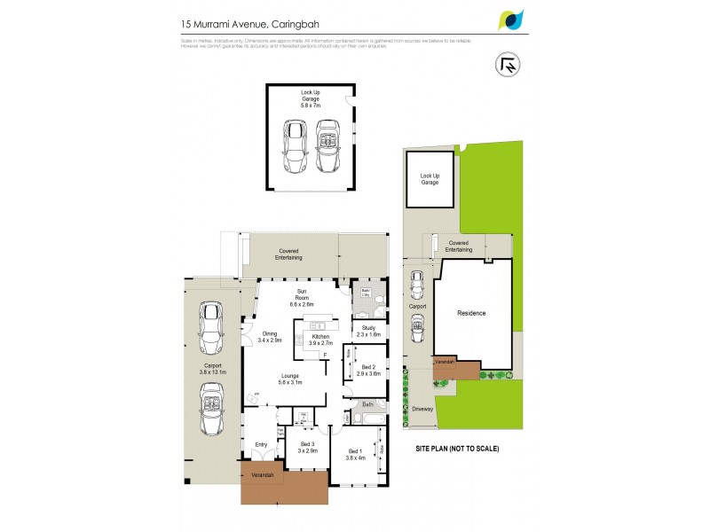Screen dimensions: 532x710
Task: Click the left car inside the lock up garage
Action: tap(293, 148)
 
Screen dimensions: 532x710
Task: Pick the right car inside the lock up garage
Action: tap(327, 148)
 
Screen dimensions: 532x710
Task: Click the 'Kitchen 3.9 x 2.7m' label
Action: tap(319, 340)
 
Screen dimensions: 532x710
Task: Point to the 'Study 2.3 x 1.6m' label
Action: tap(368, 331)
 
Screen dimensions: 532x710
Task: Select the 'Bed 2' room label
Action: tap(368, 371)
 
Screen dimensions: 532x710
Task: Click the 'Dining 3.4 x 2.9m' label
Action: tap(270, 337)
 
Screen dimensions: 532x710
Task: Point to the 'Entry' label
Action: tap(261, 444)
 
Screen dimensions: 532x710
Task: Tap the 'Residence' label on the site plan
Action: tap(472, 313)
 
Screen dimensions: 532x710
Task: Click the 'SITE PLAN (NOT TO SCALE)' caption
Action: tap(457, 449)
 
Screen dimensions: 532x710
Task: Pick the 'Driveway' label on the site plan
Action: tap(422, 409)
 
